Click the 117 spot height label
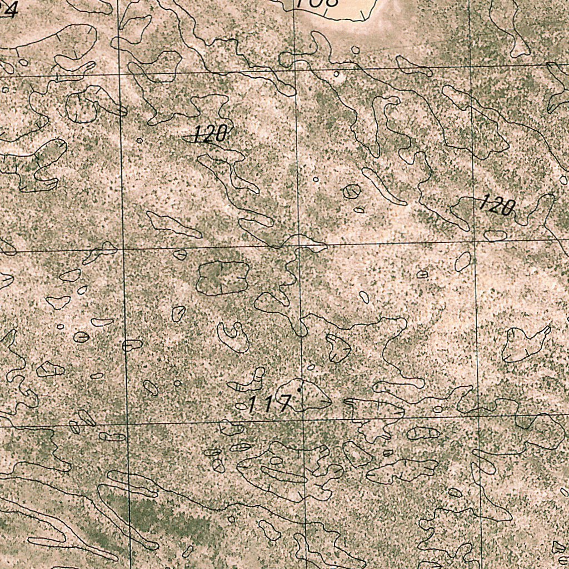(x=269, y=403)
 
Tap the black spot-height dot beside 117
(x=299, y=390)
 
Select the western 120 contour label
(x=211, y=133)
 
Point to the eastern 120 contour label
(x=496, y=206)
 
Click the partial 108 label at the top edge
(x=317, y=3)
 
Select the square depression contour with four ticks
(x=222, y=277)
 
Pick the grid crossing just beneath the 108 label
(x=295, y=70)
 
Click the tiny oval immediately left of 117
(x=241, y=406)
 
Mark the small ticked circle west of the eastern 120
(x=351, y=192)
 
